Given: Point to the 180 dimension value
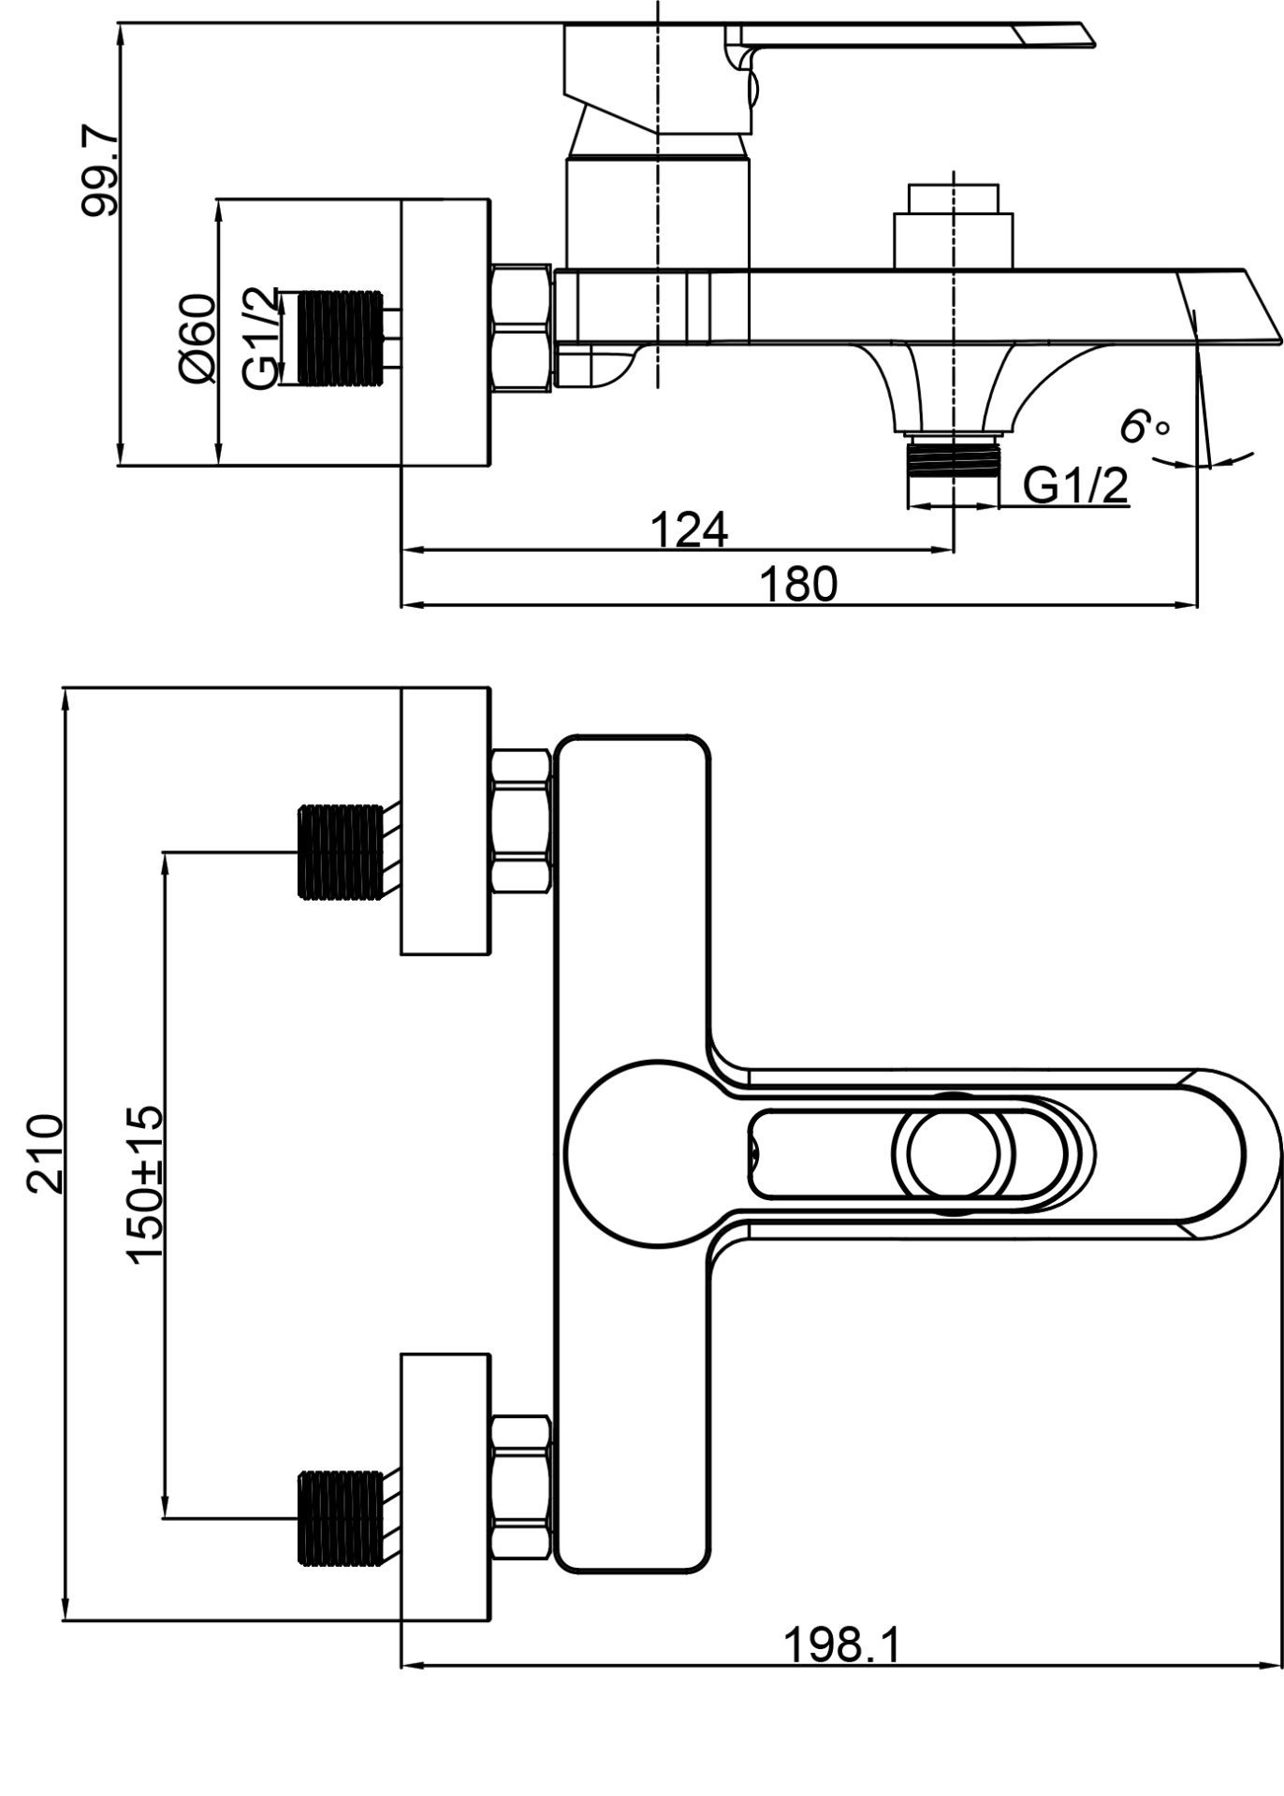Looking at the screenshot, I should click(798, 585).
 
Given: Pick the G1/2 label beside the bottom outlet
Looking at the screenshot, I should click(1075, 485).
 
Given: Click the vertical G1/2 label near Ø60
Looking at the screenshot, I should click(260, 339).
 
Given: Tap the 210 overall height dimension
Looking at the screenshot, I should click(45, 1152).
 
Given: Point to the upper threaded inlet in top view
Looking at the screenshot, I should click(340, 851).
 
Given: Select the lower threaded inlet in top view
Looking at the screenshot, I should click(340, 1518).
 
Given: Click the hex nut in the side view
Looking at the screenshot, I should click(521, 326).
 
